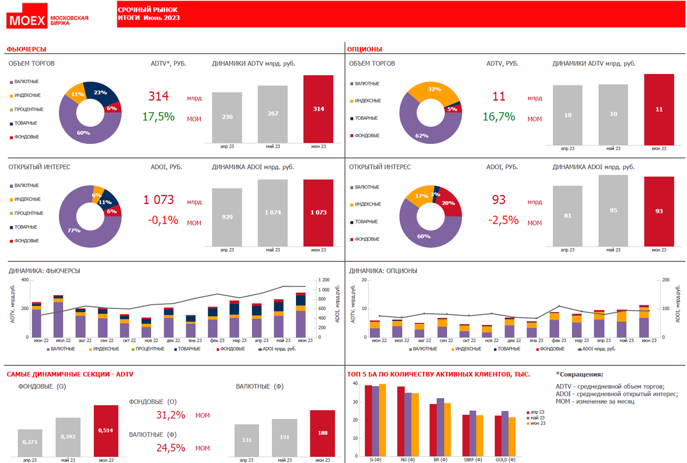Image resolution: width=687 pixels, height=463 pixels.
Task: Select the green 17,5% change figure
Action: (158, 117)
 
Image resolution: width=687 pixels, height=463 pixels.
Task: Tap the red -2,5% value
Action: (503, 220)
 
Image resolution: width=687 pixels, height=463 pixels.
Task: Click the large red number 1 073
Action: (158, 200)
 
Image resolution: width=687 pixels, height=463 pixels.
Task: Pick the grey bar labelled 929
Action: (227, 217)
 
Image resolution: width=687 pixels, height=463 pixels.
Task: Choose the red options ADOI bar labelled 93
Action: (659, 211)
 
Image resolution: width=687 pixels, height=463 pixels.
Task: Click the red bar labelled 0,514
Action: (106, 430)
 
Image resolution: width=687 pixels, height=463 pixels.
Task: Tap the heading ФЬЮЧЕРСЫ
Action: (26, 50)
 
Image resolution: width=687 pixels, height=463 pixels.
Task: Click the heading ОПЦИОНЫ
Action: (366, 50)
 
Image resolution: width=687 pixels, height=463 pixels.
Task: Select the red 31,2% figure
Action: (171, 415)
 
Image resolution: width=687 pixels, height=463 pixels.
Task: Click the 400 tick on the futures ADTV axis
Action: (25, 280)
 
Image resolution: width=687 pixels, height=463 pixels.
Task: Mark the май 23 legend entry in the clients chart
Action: (538, 418)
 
